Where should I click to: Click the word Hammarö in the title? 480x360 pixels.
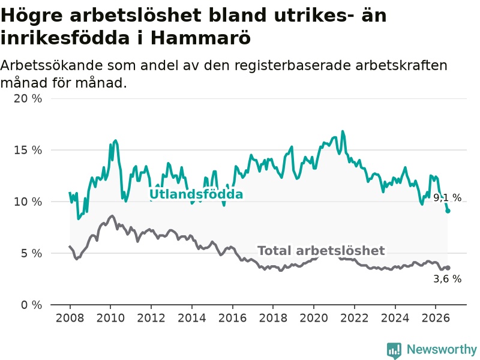tap(200, 38)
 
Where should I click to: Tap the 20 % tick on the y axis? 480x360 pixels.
tap(28, 98)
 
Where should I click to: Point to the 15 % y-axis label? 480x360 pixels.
tap(28, 150)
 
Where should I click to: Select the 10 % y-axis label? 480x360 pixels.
tap(28, 202)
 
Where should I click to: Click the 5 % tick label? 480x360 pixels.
tap(31, 253)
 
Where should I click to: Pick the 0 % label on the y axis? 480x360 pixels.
tap(31, 305)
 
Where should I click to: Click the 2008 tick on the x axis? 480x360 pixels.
tap(70, 318)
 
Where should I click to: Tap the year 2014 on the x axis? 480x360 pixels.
tap(191, 318)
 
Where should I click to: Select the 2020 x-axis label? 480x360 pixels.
tap(314, 318)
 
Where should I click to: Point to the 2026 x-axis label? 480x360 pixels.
tap(436, 318)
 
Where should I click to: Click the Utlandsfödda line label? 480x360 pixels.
tap(196, 194)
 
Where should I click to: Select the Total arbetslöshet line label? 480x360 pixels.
tap(321, 251)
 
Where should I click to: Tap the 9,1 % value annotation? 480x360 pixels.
tap(447, 198)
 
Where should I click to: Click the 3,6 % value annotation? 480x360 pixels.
tap(447, 279)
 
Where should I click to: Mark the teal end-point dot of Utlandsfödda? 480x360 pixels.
tap(448, 211)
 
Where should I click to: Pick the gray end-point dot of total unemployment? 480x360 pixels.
tap(448, 268)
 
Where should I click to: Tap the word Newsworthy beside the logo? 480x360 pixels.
tap(442, 349)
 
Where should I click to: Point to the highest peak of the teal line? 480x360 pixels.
tap(343, 131)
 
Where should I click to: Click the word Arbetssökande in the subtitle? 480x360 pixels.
tap(52, 65)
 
